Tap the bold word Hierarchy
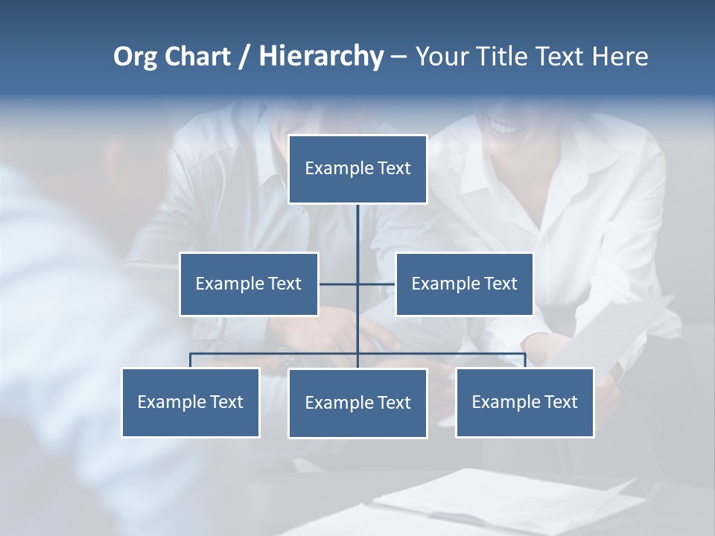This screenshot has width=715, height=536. tap(320, 57)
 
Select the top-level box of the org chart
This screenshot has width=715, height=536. tap(357, 169)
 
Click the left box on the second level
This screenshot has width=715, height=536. tap(249, 284)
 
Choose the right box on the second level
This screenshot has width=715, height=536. tap(464, 284)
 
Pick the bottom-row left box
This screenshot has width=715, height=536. tap(191, 402)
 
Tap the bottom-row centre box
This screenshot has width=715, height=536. tap(357, 403)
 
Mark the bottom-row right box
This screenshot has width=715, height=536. tap(524, 402)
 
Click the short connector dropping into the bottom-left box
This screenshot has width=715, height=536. tap(191, 360)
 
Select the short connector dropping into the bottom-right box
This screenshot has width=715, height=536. tap(524, 360)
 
